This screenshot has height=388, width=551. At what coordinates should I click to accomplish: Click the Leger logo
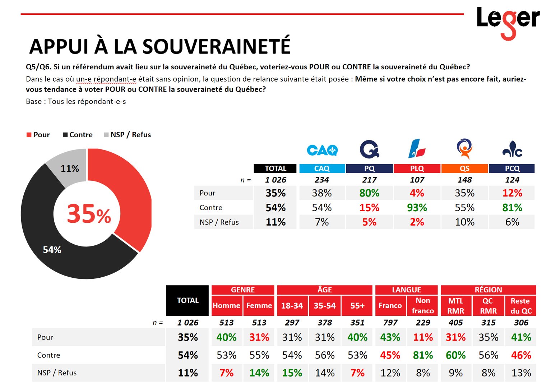pos(508,23)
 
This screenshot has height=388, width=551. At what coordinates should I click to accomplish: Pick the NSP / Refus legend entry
pos(128,135)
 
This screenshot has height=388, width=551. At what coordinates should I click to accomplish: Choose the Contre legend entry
pos(78,135)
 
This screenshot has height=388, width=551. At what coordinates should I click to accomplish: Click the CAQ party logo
pos(322,150)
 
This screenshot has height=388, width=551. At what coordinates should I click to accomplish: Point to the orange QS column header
pos(464,168)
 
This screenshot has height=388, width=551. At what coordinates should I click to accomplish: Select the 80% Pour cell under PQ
pos(369,193)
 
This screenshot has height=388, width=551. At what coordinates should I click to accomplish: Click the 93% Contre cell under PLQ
pos(417,208)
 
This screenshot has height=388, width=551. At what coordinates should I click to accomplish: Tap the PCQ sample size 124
pos(512,180)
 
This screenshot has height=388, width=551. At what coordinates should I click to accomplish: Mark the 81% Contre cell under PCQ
pos(512,208)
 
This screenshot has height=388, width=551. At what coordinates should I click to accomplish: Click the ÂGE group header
pos(324,290)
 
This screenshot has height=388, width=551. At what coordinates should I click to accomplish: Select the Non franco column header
pos(423,306)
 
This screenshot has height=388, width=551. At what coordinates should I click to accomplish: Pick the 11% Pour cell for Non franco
pos(423,337)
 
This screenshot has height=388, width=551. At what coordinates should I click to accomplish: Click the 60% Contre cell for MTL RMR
pos(455,355)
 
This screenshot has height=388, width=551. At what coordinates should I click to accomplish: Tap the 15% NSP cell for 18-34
pos(292,373)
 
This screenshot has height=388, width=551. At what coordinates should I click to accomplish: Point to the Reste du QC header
pos(521,306)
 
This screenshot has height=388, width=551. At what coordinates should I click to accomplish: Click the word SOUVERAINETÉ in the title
pos(217,46)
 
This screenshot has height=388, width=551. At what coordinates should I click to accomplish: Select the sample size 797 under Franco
pos(390,323)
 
